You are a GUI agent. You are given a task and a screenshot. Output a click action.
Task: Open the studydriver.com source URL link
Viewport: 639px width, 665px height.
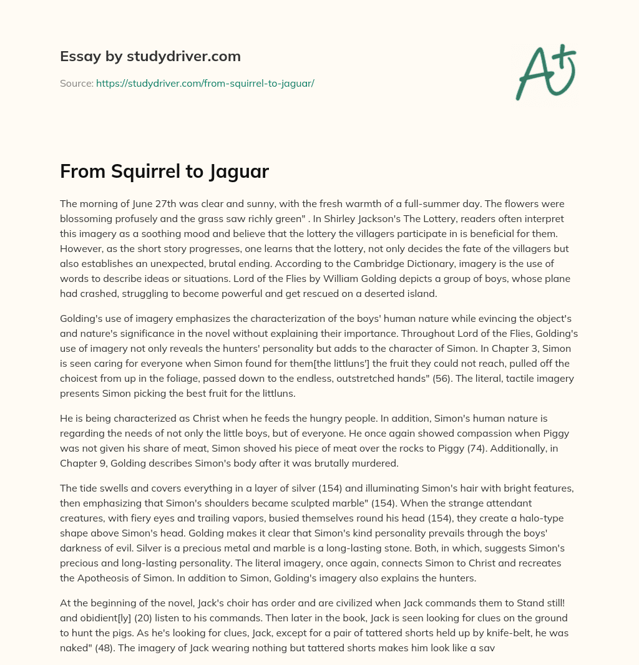pos(205,83)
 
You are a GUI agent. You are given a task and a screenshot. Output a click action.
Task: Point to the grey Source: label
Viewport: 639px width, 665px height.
pos(76,83)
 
